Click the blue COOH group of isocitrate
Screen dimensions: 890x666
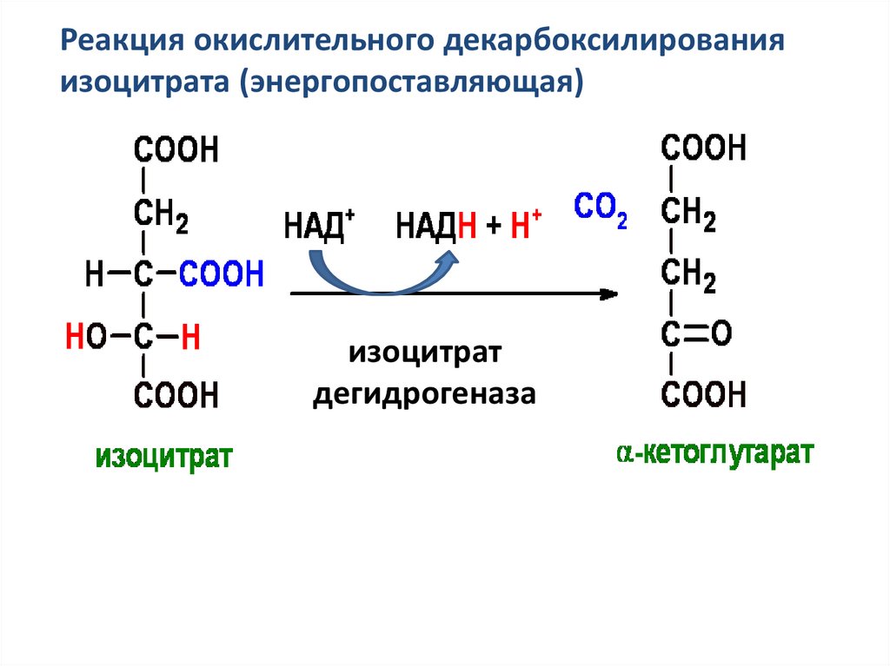pyautogui.click(x=222, y=276)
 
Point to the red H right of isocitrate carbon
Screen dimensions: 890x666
pyautogui.click(x=190, y=336)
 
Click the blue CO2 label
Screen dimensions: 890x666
pyautogui.click(x=601, y=209)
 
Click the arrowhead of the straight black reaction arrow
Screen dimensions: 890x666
pyautogui.click(x=610, y=294)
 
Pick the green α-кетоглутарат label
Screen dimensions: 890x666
pyautogui.click(x=715, y=453)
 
